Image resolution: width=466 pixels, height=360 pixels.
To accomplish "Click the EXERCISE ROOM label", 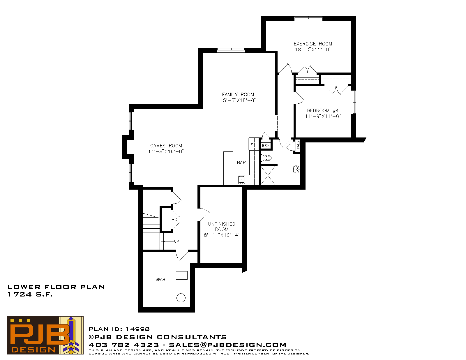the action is [313, 44].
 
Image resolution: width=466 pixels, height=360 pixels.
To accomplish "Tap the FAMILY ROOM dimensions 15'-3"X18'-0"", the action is [238, 100].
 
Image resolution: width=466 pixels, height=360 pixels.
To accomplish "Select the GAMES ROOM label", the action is [166, 146].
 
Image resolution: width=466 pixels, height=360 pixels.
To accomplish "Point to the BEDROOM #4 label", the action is [323, 110].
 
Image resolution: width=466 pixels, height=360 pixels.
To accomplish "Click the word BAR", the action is [241, 163].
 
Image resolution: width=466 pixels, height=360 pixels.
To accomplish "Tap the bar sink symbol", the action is [241, 180].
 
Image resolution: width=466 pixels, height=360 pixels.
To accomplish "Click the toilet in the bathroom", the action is [266, 158].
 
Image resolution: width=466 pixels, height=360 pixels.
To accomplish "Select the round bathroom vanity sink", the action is [296, 169].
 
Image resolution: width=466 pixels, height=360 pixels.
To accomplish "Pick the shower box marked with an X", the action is [268, 175].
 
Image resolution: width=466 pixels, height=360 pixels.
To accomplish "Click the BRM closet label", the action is [266, 146].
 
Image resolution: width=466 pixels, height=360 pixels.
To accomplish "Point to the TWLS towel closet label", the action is [298, 145].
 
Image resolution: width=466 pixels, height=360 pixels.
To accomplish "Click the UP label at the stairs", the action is [176, 241].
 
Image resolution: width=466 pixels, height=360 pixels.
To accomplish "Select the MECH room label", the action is [160, 280].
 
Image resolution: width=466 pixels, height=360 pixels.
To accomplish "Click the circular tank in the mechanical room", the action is [181, 298].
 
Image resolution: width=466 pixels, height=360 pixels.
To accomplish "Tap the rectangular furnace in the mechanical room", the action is [182, 275].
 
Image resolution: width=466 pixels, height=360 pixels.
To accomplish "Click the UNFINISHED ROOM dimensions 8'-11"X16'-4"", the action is [222, 235].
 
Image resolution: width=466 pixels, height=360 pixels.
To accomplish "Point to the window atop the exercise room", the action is [308, 19].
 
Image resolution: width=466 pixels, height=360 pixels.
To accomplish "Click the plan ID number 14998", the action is [137, 329].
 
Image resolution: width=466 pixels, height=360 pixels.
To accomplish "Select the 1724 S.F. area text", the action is [30, 294].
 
